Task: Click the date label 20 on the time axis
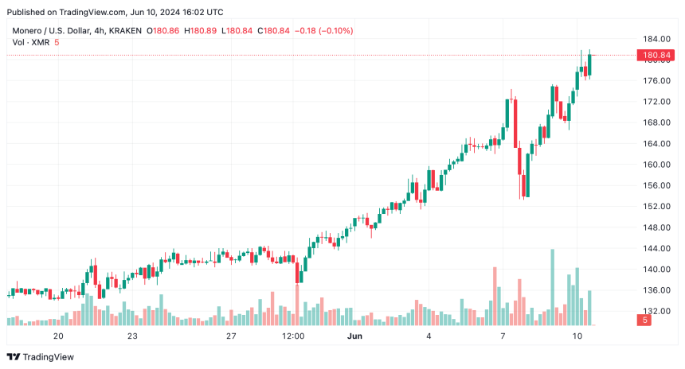[58, 336]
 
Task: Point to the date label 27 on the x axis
[231, 336]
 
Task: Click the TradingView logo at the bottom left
[42, 357]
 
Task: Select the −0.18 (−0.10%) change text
[324, 30]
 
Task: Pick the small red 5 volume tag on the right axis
[644, 320]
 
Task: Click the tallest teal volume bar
[552, 286]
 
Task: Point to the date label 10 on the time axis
[577, 336]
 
